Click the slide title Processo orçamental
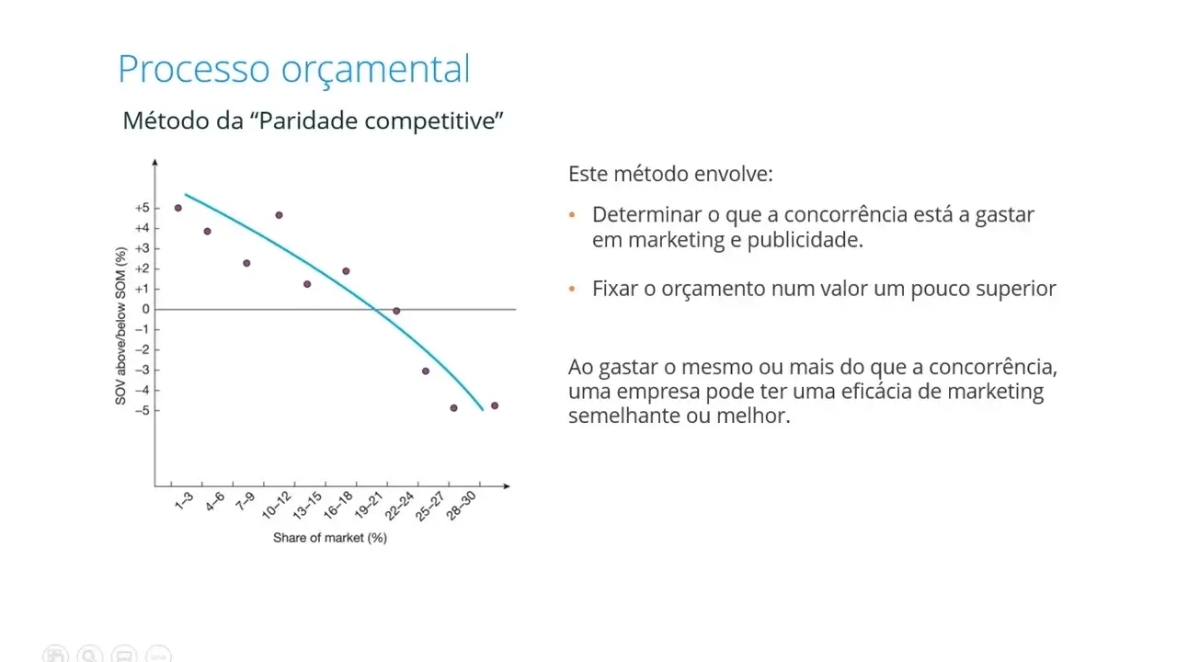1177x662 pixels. coord(294,69)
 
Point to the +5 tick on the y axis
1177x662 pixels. coord(143,208)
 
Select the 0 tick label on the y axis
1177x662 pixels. coord(145,309)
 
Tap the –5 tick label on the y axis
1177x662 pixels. coord(143,410)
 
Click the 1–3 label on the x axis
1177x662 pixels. coord(184,501)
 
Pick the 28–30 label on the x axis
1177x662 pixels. coord(461,506)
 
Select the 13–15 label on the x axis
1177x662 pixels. coord(307,506)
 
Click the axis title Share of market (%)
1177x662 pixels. coord(330,538)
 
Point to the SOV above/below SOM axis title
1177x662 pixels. coord(120,325)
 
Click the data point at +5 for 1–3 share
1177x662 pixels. coord(178,208)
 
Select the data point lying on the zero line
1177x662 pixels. coord(396,311)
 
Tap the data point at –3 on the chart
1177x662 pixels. coord(426,371)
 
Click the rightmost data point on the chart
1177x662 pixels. coord(495,405)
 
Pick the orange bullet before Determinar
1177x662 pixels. coord(572,214)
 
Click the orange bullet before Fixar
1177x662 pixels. coord(572,289)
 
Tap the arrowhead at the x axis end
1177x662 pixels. coord(507,486)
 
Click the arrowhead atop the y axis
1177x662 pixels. coord(155,163)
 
